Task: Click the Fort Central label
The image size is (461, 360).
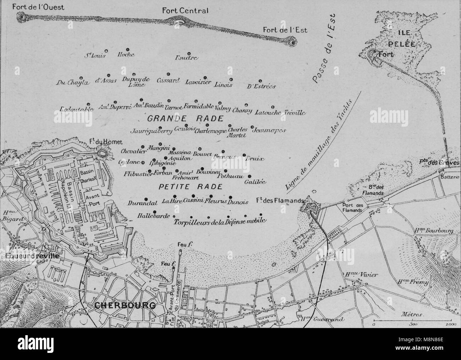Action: pyautogui.click(x=185, y=11)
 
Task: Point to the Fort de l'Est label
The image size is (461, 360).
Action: pyautogui.click(x=285, y=30)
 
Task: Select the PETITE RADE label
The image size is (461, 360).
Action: pyautogui.click(x=186, y=187)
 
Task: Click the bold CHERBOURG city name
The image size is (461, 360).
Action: pyautogui.click(x=125, y=305)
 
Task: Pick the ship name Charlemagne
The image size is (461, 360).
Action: pyautogui.click(x=211, y=131)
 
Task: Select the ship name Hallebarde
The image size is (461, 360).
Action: pyautogui.click(x=154, y=216)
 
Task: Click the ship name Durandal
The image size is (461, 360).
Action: pyautogui.click(x=141, y=204)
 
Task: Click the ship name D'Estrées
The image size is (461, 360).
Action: pyautogui.click(x=262, y=86)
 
